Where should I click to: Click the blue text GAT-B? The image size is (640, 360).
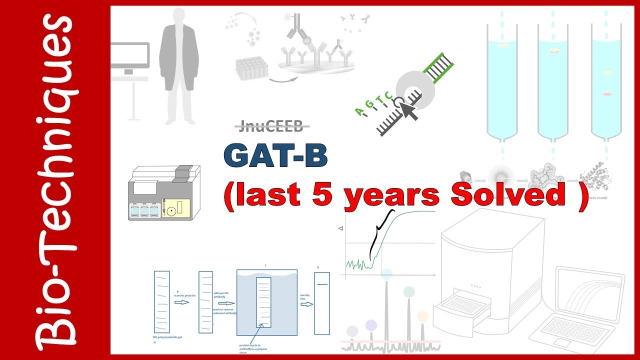275,156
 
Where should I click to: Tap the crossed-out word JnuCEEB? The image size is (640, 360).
270,127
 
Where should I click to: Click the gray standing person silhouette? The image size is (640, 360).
179,65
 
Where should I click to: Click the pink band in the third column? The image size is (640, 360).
607,94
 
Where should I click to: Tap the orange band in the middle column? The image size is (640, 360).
554,51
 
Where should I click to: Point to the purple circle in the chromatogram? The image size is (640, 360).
352,330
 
